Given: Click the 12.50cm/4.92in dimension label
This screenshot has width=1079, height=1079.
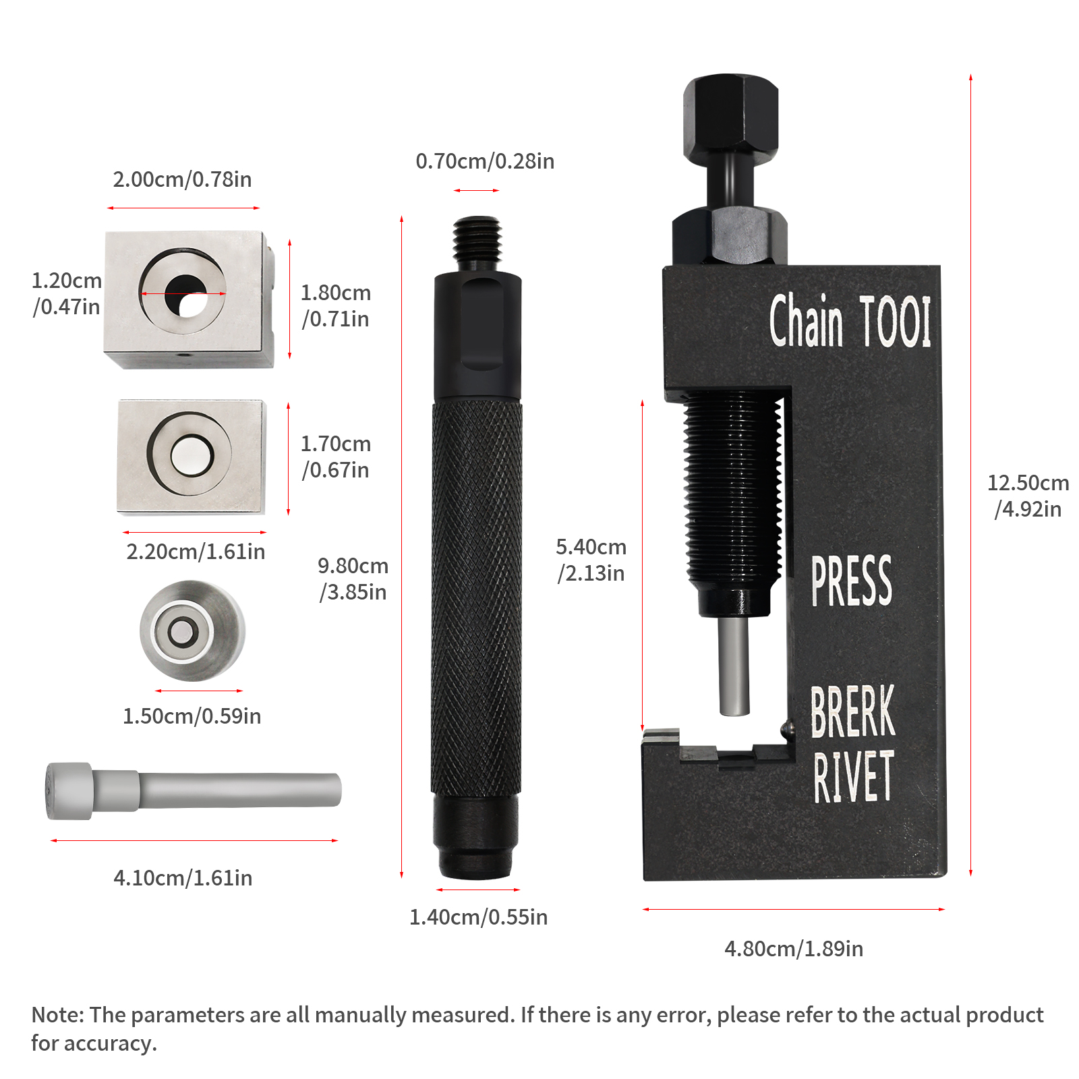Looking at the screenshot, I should point(1028,496).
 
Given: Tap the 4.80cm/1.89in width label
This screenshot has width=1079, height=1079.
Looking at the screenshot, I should point(794,949).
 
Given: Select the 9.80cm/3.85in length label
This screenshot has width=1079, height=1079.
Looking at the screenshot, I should point(353,579).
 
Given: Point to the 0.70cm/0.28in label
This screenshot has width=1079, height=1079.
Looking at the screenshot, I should point(485,161).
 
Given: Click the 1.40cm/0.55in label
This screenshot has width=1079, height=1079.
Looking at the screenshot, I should point(478,917).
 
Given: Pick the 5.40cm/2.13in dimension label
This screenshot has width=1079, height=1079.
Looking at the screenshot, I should point(591,560).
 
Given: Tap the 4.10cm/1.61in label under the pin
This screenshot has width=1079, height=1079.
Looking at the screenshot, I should point(183,878).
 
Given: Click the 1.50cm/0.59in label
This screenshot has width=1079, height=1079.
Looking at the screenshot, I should point(192,716).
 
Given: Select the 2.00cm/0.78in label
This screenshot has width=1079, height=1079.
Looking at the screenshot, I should point(182,179).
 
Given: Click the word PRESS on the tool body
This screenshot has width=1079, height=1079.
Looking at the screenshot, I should point(851,581).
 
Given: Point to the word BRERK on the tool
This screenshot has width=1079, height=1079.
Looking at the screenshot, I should point(852,711).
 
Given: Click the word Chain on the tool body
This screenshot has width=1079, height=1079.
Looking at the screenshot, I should point(806,320).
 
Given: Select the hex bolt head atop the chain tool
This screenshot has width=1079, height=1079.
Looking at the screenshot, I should point(730,118).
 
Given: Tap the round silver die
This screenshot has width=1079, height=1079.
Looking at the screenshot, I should point(192,631).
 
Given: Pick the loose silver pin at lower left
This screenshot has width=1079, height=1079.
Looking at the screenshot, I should point(192,790).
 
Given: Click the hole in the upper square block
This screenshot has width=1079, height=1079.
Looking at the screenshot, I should point(186,295).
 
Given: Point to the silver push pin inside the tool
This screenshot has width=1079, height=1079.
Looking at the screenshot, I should point(734,666).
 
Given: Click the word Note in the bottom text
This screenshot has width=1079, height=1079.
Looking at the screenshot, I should point(58,1015).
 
